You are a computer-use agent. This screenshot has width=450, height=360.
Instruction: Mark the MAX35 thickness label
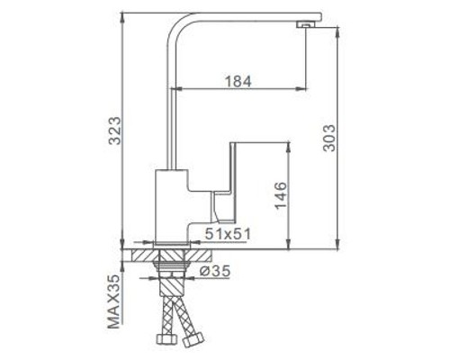pyautogui.click(x=112, y=303)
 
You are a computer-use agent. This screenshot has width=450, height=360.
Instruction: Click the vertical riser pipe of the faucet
pyautogui.click(x=170, y=99)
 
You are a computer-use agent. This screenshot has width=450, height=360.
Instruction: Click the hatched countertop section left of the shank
pyautogui.click(x=145, y=255)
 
